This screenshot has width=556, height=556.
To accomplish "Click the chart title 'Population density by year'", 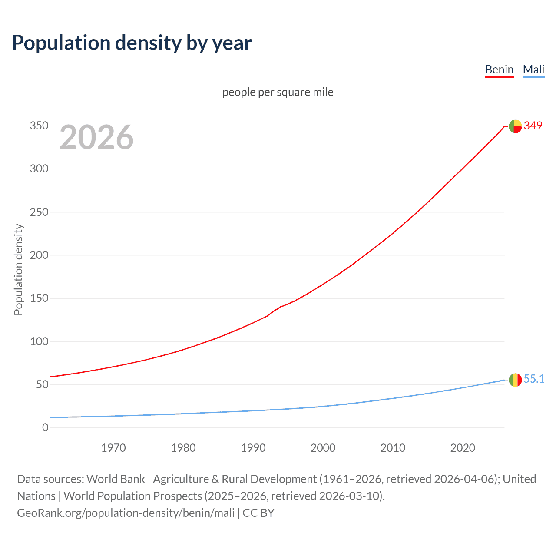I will [132, 43].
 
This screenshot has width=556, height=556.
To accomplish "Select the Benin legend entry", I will [499, 69].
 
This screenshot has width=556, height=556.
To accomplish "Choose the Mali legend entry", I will [533, 69].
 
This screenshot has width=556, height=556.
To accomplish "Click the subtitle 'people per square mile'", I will [278, 92].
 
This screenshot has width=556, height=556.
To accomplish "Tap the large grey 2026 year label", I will [96, 137].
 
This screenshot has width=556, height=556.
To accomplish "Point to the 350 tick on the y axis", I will [39, 126].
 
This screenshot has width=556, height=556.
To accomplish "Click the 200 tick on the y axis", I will [39, 255].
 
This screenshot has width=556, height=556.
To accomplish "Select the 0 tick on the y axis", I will [45, 427].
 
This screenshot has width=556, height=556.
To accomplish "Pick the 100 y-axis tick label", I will [39, 341].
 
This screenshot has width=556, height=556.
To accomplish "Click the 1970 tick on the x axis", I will [113, 448].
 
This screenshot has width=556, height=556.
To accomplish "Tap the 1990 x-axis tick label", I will [253, 448].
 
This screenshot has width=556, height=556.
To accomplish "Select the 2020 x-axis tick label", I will [463, 448].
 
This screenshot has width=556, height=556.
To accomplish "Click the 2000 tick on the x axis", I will [323, 448].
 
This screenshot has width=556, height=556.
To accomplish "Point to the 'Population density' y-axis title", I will [18, 269].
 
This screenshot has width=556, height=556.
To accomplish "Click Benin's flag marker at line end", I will [515, 126].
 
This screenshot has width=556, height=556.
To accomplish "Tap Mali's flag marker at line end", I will [515, 380].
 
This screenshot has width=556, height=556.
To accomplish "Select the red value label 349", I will [533, 126].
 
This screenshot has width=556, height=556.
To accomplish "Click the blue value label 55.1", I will [534, 379].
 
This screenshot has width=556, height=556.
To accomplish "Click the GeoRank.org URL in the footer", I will [126, 513].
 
